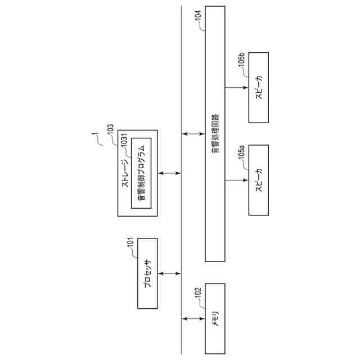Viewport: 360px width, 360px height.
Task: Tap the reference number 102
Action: pyautogui.click(x=197, y=292)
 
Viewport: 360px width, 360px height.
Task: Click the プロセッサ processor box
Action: pyautogui.click(x=147, y=273)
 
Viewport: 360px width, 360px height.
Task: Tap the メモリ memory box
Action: pyautogui.click(x=215, y=319)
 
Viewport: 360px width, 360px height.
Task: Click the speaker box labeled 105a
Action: pyautogui.click(x=259, y=180)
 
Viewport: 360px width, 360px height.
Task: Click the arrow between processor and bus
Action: pyautogui.click(x=169, y=273)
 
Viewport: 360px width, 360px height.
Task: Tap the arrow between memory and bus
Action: pyautogui.click(x=193, y=319)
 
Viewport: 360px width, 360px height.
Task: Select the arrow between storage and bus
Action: pyautogui.click(x=169, y=173)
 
